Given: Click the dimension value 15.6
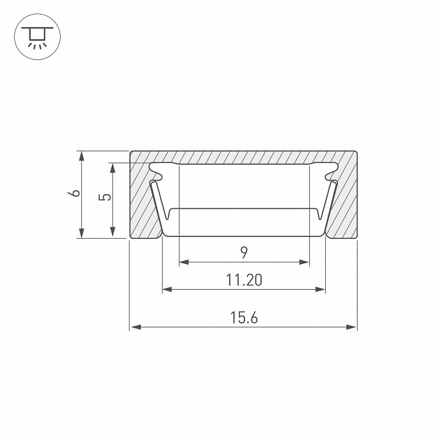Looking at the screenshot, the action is click(x=244, y=317).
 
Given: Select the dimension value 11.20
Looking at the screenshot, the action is click(x=244, y=280).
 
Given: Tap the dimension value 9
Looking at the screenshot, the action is click(x=244, y=252).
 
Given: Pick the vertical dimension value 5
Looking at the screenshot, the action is click(x=105, y=197).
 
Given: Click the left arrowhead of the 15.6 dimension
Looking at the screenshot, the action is click(x=136, y=327).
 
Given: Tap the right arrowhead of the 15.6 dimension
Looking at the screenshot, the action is click(x=351, y=327).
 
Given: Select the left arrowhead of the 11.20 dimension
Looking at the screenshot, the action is click(x=167, y=289).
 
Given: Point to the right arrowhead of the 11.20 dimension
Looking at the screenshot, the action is click(x=320, y=289).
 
